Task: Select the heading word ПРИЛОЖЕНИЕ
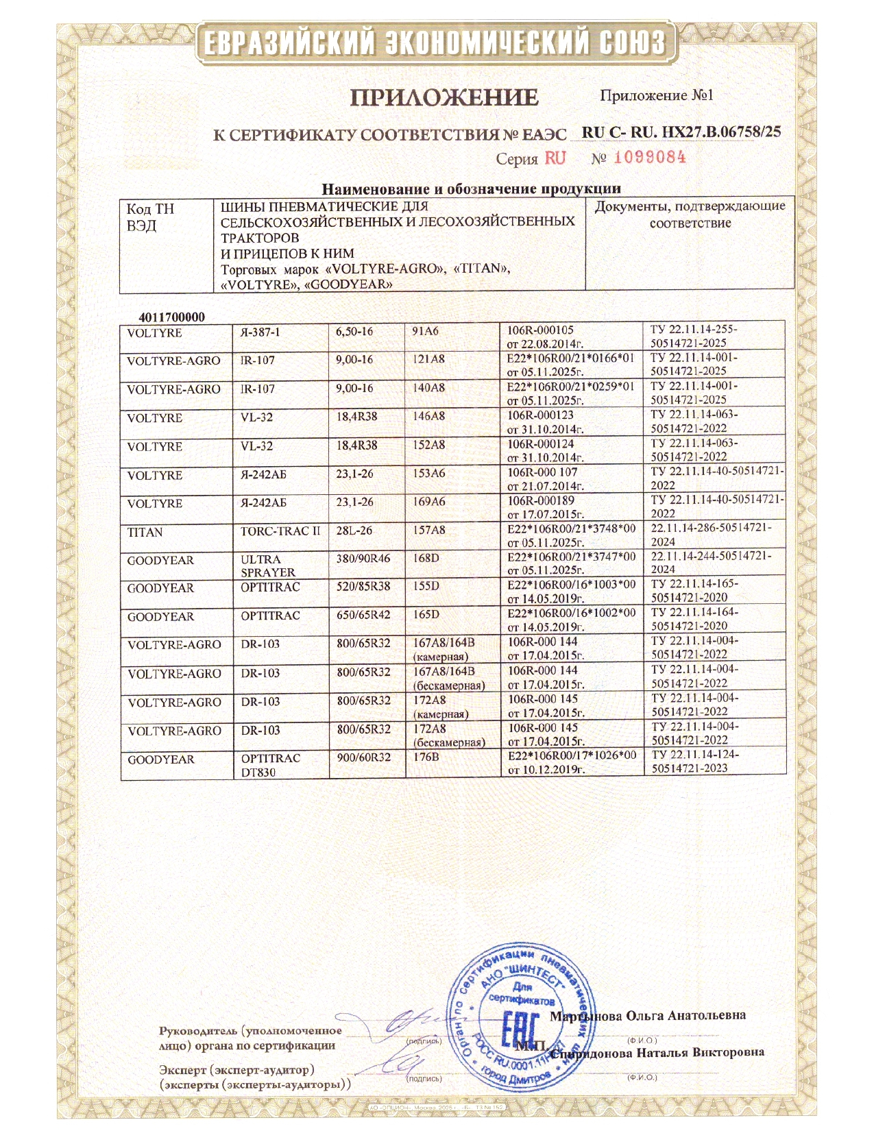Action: tap(444, 98)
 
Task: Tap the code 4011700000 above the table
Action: tap(171, 317)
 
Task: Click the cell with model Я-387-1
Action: tap(260, 332)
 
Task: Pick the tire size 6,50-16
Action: tap(354, 332)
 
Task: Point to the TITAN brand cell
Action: tap(145, 533)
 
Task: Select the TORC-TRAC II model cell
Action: tap(280, 531)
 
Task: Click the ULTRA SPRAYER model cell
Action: tap(268, 565)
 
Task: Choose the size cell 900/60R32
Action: tap(363, 757)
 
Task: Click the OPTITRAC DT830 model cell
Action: tap(270, 765)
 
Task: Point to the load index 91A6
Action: tap(425, 331)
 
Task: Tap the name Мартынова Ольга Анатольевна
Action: tap(648, 1015)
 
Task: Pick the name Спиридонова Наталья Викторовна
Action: tap(658, 1052)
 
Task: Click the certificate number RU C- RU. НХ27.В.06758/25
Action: tap(681, 132)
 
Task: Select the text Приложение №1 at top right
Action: tap(656, 95)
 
